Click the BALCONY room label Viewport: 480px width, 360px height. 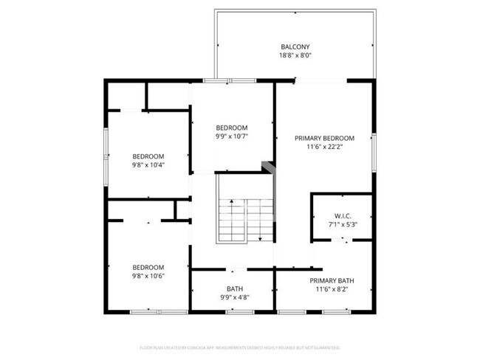coord(294,46)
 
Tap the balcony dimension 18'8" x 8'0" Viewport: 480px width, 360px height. coord(294,56)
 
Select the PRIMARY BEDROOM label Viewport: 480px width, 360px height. coord(324,138)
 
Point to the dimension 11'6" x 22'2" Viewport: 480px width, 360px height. coord(324,147)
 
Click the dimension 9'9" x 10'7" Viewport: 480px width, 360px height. coord(231,136)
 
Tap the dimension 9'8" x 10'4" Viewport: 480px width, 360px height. coord(148,165)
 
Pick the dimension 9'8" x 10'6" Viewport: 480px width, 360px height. coord(148,276)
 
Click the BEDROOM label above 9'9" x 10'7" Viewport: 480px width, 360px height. coord(231,127)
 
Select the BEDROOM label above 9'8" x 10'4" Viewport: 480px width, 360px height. coord(148,156)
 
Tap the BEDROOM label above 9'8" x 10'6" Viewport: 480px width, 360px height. coord(148,267)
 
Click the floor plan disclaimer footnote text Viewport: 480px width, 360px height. coord(240,347)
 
